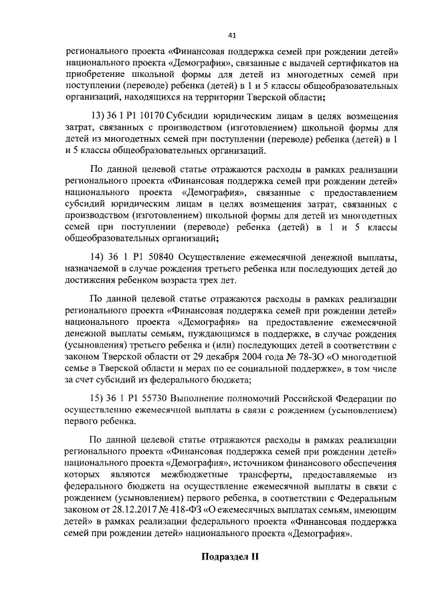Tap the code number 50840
pyautogui.click(x=152, y=257)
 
